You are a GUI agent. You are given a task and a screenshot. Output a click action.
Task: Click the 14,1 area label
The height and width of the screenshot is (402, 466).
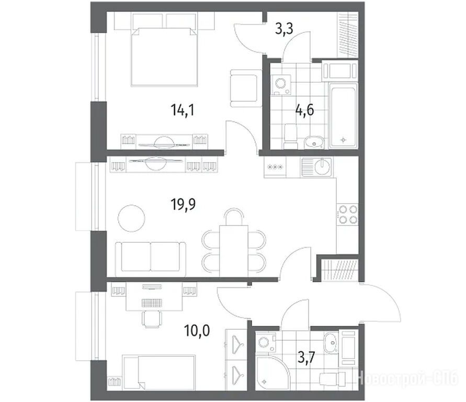[183, 110]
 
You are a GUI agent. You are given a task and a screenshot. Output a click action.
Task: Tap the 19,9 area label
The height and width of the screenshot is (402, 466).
[183, 204]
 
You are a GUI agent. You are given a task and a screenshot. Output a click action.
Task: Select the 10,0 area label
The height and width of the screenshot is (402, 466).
[197, 331]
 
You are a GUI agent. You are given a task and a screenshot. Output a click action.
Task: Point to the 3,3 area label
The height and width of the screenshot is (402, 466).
[284, 29]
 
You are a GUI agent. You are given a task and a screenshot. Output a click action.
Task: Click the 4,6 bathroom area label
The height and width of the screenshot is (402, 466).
[304, 110]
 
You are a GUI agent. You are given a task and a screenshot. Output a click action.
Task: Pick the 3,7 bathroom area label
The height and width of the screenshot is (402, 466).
[306, 358]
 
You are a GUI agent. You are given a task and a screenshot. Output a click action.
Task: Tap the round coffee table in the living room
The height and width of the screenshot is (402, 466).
[131, 218]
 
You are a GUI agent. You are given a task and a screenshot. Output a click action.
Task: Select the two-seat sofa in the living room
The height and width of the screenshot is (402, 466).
[151, 256]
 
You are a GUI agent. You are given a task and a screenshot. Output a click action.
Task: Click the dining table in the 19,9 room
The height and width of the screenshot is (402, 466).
[234, 251]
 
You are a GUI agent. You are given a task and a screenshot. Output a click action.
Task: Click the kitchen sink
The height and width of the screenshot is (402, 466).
[317, 167]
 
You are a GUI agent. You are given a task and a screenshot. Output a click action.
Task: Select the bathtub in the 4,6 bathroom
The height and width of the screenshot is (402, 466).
[343, 115]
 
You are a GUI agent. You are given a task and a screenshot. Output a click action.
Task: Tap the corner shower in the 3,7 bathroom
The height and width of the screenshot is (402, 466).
[271, 372]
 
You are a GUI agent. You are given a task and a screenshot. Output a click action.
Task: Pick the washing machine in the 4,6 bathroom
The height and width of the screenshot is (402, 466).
[281, 84]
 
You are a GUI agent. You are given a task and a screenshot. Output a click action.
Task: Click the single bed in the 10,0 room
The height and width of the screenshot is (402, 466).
[159, 372]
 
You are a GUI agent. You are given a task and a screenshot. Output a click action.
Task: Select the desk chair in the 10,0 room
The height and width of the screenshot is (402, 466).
[152, 319]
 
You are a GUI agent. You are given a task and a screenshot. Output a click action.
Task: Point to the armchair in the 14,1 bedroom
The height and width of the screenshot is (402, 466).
[245, 88]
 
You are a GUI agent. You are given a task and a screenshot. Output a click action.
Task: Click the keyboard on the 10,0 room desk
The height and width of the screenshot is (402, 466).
[152, 303]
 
